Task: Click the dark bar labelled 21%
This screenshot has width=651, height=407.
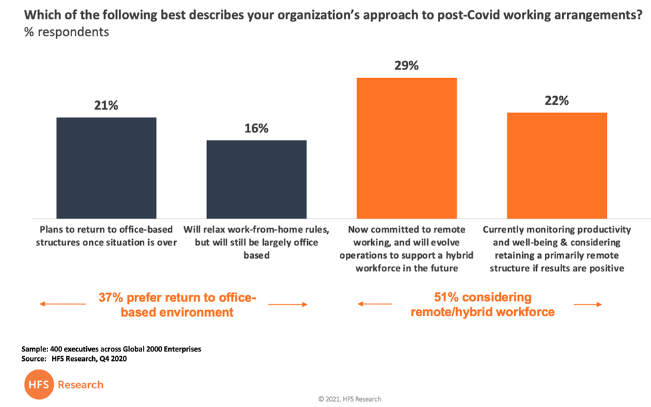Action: (x=106, y=168)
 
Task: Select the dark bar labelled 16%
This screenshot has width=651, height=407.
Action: (x=256, y=179)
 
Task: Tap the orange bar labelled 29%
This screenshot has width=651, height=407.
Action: (x=407, y=148)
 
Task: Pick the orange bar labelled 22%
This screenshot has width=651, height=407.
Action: (x=557, y=165)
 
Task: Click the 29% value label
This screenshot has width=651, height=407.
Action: (x=406, y=65)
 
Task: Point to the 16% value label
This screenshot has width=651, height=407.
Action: (x=256, y=128)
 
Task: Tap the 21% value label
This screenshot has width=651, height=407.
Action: (x=106, y=105)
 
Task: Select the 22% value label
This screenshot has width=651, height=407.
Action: (x=556, y=100)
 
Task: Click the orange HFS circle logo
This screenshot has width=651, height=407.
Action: (x=38, y=385)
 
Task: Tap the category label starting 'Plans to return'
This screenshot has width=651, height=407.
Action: (x=106, y=236)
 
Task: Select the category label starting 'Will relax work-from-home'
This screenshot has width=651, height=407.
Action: (x=256, y=242)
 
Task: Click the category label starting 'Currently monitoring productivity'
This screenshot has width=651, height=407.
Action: (x=557, y=249)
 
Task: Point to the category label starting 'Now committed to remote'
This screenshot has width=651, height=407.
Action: (x=407, y=249)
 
